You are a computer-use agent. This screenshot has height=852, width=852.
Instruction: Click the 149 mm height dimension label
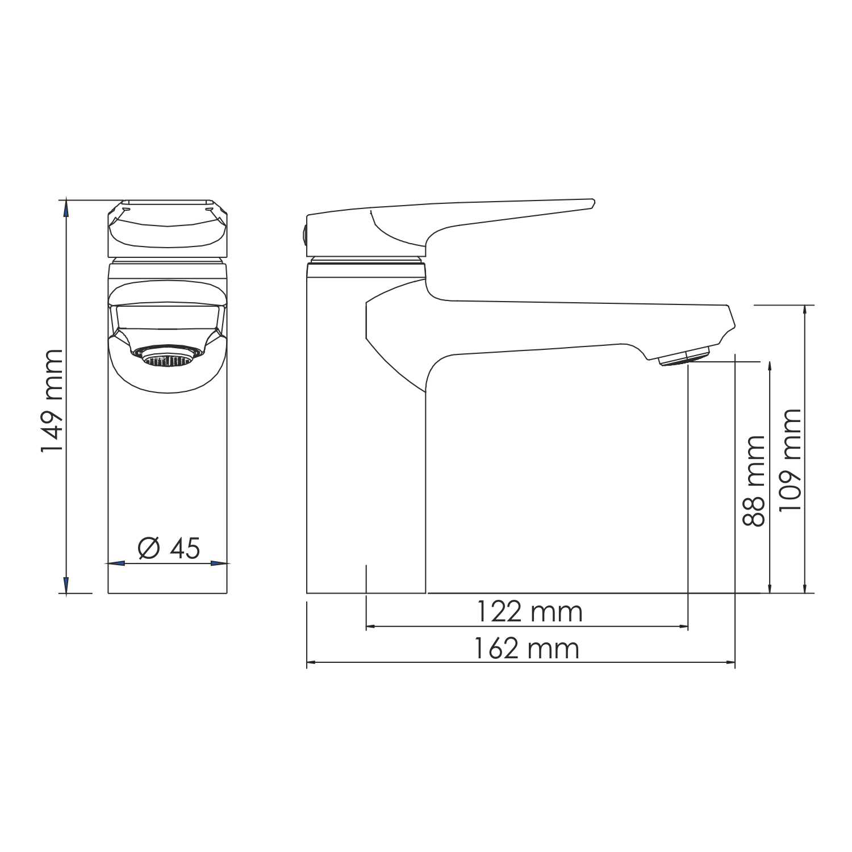tap(52, 400)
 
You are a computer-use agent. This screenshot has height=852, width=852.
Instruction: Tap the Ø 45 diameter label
tap(169, 548)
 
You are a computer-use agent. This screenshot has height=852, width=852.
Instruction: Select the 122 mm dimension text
tap(529, 612)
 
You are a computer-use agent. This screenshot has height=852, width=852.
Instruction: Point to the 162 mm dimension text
tap(527, 649)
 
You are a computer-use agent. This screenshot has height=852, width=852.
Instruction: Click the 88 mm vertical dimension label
tap(754, 481)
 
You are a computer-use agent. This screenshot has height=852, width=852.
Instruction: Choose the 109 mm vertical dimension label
tap(790, 460)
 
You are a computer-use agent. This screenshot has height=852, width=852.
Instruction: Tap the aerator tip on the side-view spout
tap(684, 357)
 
